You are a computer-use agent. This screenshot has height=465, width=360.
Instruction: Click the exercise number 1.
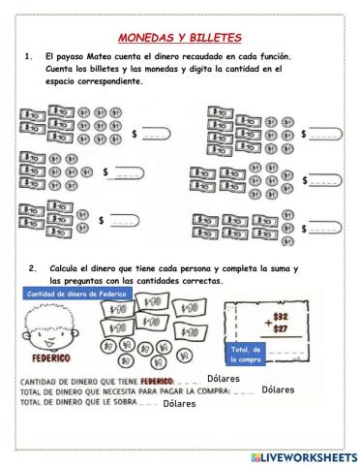[28, 57]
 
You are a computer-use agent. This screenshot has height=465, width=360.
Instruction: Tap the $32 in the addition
[281, 315]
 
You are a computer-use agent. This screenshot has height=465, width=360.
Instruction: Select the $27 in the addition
[281, 327]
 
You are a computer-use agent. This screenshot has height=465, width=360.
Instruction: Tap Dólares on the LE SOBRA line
[179, 404]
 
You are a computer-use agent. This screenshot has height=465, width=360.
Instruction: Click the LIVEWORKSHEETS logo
[303, 455]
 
